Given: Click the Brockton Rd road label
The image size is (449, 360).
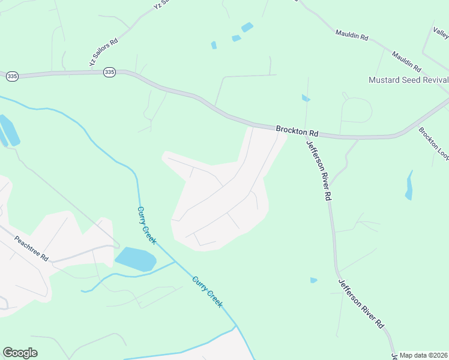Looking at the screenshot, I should (x=297, y=131).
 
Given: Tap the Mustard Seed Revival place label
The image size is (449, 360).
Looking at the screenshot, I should (x=408, y=80).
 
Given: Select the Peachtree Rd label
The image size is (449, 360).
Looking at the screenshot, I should (x=31, y=248).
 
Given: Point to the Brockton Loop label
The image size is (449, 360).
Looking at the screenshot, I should (x=433, y=143).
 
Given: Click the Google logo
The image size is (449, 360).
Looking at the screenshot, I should (x=20, y=353).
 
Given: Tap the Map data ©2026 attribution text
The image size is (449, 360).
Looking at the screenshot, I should (x=423, y=355).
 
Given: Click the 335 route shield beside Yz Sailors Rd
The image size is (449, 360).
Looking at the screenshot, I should (x=109, y=72).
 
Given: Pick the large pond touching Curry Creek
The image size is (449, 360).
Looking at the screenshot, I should (x=136, y=259).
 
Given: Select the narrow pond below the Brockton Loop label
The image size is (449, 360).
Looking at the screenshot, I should (x=409, y=185).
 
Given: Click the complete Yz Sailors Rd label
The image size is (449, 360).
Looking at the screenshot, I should (x=104, y=52).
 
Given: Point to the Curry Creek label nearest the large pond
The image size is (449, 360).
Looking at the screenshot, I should (x=146, y=225).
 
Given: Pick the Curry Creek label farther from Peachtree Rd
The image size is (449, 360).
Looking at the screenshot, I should (x=207, y=292).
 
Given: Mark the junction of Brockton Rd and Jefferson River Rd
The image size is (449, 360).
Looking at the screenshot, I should (x=300, y=133).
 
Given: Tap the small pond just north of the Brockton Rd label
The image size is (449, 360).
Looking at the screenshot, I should (x=306, y=98).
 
